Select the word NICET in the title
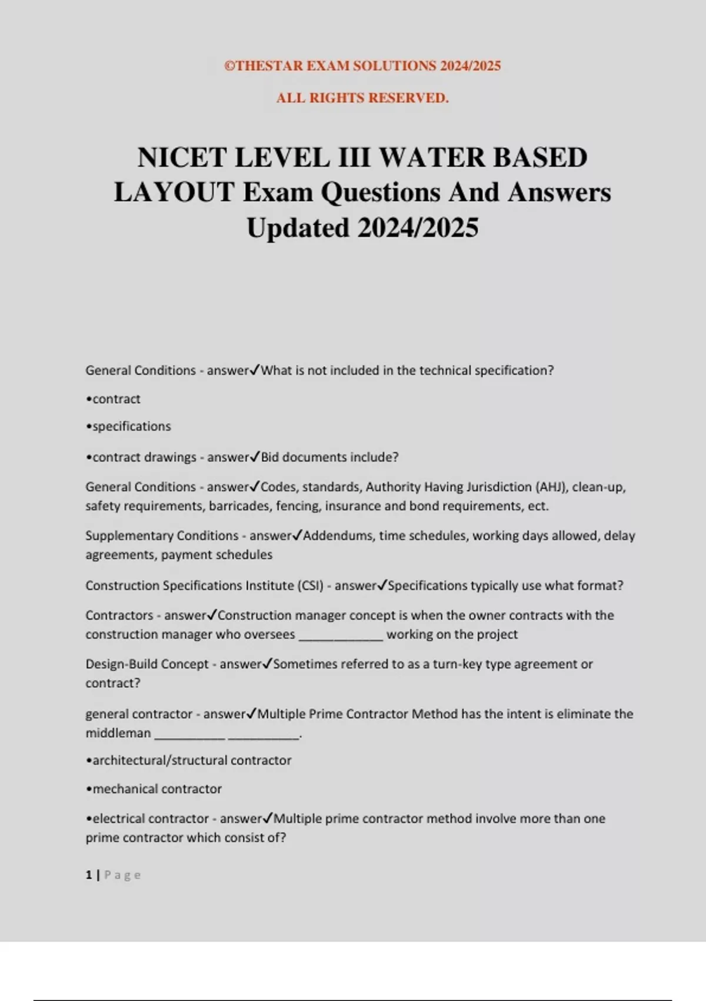[x=181, y=158]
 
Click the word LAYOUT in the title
[x=174, y=193]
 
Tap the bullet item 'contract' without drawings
[x=116, y=399]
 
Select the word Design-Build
[x=121, y=664]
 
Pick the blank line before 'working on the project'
[x=341, y=635]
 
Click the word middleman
[x=118, y=734]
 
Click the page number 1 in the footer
[x=89, y=875]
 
